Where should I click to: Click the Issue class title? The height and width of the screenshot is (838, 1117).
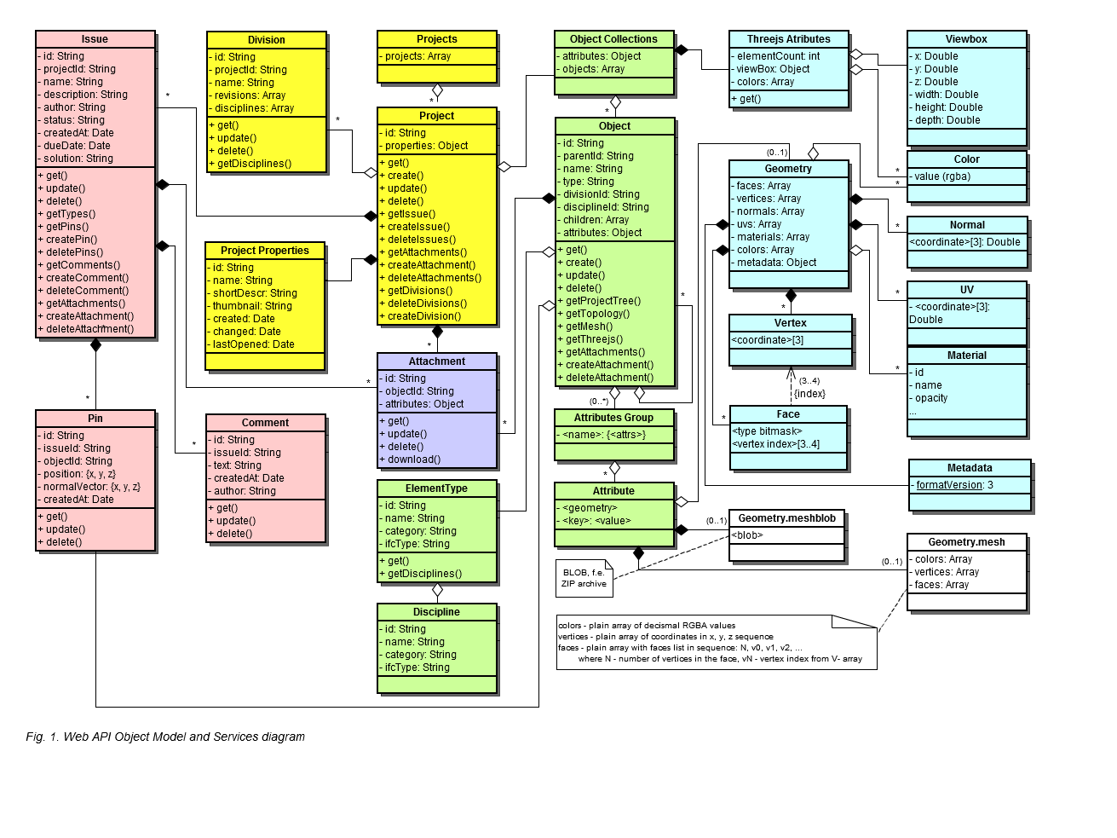pos(95,39)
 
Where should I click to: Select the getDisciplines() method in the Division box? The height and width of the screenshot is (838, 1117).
pos(250,164)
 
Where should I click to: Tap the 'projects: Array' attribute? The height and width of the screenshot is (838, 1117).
pos(415,56)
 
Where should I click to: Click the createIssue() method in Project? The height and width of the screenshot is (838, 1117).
pos(415,227)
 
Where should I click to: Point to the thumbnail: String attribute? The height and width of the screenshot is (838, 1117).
pos(250,306)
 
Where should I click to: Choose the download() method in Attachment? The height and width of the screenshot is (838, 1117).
pos(410,459)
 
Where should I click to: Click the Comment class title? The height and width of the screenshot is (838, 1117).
pos(265,423)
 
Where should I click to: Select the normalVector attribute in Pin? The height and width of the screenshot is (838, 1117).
pos(89,487)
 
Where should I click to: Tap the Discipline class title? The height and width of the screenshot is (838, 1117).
pos(436,612)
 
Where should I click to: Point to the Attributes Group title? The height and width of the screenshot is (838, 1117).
pos(613,418)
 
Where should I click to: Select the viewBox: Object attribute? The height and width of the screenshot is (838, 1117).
pos(770,69)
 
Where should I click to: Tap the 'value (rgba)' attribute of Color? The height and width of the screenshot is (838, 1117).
pos(940,176)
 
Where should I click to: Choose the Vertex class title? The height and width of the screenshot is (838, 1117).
pos(791,323)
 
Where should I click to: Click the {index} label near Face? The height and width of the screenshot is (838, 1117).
pos(809,394)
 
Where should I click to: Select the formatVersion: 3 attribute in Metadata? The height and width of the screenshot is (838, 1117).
pos(952,485)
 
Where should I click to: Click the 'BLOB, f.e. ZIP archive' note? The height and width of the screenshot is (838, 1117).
pos(584,578)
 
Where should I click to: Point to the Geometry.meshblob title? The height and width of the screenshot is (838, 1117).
pos(786,518)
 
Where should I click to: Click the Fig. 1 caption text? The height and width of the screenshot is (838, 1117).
pos(165,737)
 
